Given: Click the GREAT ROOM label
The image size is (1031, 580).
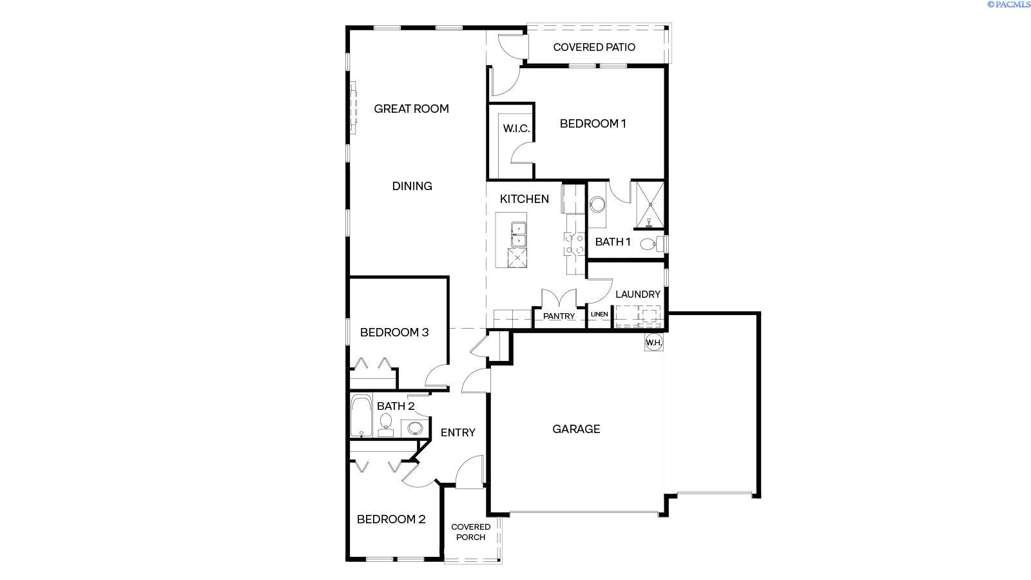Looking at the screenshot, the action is [x=411, y=109].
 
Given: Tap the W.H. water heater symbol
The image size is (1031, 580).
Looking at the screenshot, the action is [x=653, y=342].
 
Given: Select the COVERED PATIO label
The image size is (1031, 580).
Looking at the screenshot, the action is [x=593, y=47].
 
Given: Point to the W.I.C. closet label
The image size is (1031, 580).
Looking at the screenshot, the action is [x=516, y=128].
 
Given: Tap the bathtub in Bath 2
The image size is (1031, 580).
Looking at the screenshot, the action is [x=361, y=416].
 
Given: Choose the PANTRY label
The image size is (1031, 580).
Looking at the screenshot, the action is [x=559, y=316].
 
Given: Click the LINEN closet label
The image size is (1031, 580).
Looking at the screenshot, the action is [x=599, y=314].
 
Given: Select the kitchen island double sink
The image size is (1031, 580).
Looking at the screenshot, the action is [x=518, y=235].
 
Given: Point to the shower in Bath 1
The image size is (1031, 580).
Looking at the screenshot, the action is [x=650, y=206].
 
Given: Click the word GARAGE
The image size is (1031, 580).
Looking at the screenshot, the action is [x=576, y=429].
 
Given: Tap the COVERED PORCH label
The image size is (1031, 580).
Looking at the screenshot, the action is [x=470, y=532].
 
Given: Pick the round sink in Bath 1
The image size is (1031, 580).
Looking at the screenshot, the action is [x=597, y=204].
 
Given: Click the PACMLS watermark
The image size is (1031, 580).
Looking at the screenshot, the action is [x=1009, y=4].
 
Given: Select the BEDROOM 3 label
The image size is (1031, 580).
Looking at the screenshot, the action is [x=394, y=333].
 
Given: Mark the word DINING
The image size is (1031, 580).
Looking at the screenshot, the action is [x=412, y=186].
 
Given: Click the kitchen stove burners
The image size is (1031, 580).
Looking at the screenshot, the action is [x=574, y=244].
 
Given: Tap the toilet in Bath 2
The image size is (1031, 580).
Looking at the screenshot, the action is [x=386, y=425].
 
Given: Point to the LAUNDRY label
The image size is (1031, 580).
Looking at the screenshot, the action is [x=637, y=294].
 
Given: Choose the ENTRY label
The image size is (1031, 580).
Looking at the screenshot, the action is [x=458, y=432].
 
